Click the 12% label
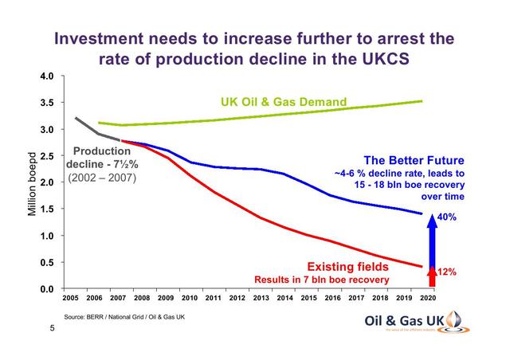[446, 272]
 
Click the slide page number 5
[53, 329]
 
